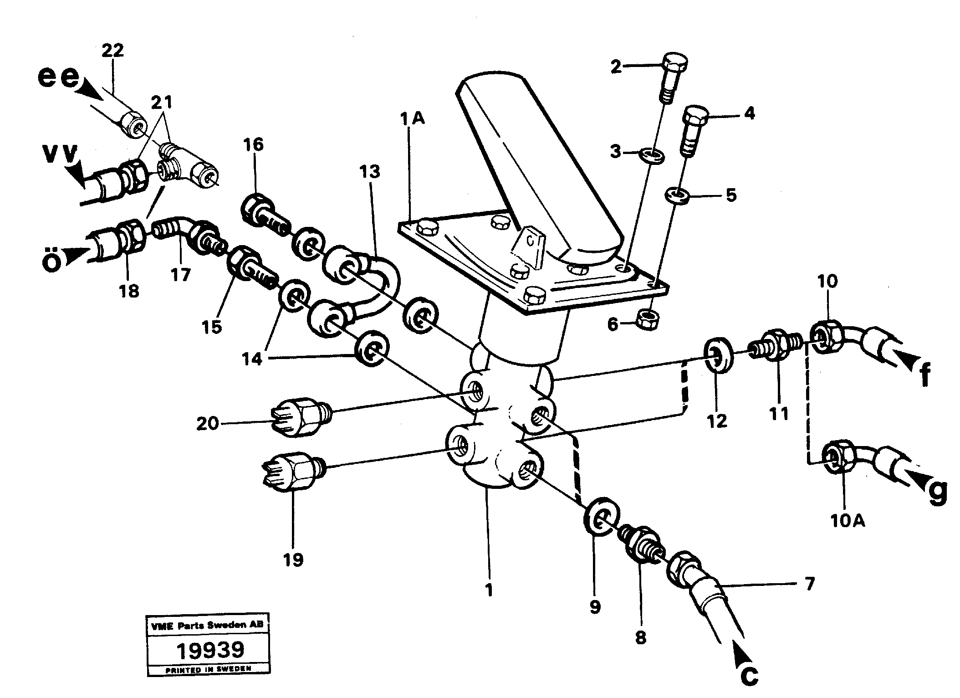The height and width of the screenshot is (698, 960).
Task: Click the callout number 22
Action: click(x=112, y=51)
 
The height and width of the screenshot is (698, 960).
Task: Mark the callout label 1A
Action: click(x=413, y=119)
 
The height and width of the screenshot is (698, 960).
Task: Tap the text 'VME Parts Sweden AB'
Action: click(x=207, y=626)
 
